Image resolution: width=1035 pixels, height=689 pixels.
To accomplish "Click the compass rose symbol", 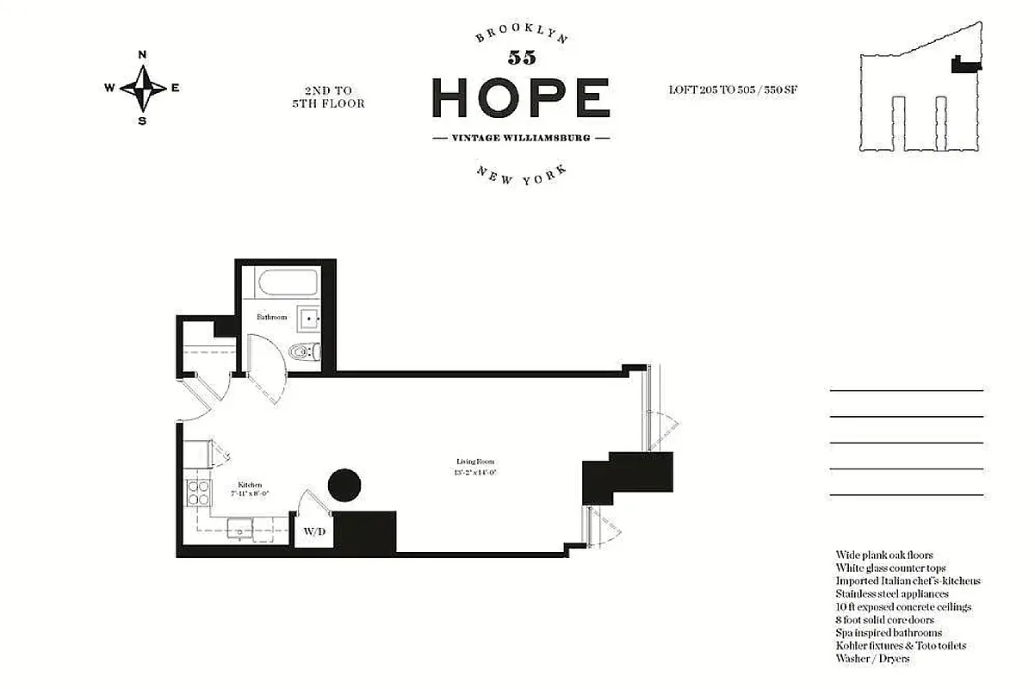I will pos(142,87).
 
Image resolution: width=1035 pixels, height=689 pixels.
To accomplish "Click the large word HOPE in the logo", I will pos(520,96).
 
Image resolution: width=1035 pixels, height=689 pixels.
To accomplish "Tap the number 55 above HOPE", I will pos(521,58).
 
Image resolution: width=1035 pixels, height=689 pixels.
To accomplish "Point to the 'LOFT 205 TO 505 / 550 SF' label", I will pos(732,90).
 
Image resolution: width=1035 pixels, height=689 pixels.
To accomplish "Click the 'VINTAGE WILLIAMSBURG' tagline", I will pos(520,138).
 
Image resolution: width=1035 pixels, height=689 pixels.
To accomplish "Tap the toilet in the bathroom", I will pos(304,351).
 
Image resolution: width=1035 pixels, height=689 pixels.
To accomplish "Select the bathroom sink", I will pos(308,318).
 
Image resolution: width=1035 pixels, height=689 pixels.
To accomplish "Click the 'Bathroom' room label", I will pos(271,317).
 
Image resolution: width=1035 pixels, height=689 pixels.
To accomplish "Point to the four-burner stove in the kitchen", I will pos(197,492).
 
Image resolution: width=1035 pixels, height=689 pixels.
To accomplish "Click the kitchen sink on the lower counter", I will pos(239,527).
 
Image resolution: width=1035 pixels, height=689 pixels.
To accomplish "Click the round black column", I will pos(344,484).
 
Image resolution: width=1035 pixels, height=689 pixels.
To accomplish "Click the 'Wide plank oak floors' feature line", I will pos(883,556).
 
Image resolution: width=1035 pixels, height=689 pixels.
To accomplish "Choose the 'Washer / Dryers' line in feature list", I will pos(871,659).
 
